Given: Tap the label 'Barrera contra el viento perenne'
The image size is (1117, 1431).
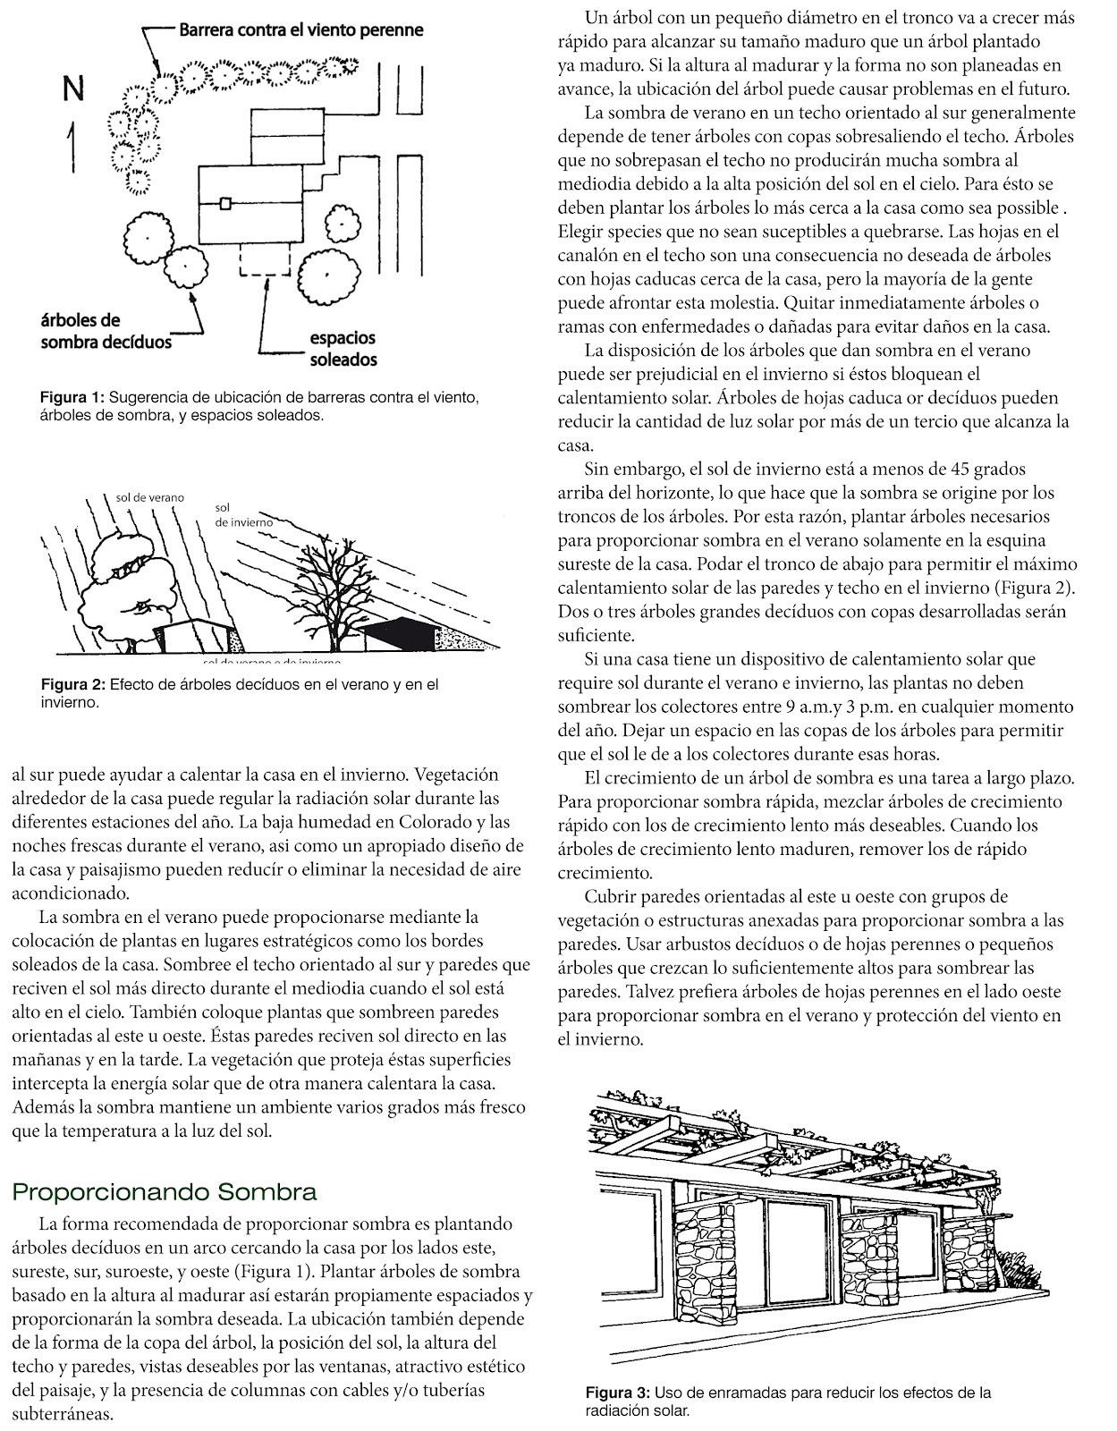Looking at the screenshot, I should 301,30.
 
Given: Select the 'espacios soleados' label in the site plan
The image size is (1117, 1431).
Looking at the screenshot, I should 343,349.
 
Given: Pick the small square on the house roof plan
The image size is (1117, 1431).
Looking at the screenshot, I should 225,203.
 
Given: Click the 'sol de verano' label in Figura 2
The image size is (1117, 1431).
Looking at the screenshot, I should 150,497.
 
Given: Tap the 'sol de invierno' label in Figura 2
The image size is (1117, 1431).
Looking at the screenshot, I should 236,514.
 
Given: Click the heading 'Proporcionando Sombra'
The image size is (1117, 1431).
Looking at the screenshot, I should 165,1192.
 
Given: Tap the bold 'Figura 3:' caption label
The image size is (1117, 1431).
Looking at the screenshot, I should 618,1393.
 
